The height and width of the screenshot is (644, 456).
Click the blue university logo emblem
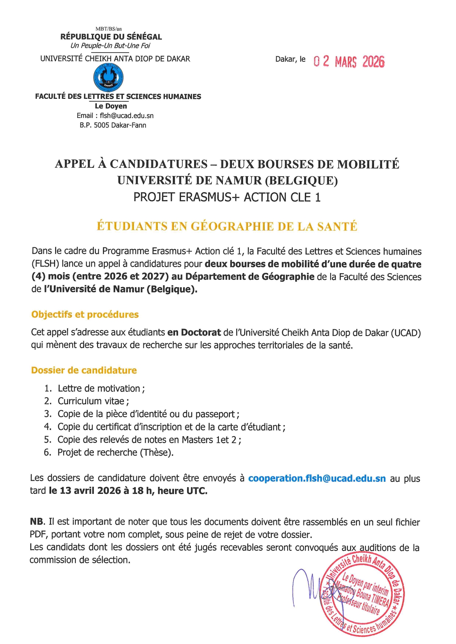[x=108, y=77]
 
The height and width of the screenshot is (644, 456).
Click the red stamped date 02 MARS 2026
[x=349, y=61]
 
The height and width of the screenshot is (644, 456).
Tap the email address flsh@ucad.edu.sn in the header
[x=127, y=116]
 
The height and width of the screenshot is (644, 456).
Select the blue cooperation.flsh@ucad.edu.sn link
[x=317, y=478]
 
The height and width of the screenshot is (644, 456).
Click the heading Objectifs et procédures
[x=85, y=315]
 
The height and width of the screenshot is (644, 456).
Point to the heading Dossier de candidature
[x=84, y=370]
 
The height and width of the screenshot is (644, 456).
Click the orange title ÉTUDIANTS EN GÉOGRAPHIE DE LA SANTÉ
[x=227, y=226]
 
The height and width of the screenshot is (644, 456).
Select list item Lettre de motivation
[x=99, y=388]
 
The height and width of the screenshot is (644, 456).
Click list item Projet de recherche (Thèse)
[x=115, y=452]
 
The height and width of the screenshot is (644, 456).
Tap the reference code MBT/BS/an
[x=108, y=29]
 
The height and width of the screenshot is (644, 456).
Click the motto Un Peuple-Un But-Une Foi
[x=110, y=46]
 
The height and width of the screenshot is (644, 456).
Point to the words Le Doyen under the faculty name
[x=111, y=106]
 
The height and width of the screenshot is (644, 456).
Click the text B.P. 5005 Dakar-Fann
[x=113, y=125]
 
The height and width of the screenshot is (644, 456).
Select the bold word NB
[x=37, y=522]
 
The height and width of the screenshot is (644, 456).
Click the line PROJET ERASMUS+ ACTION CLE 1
[x=227, y=198]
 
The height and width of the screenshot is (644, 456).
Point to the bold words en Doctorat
[x=194, y=333]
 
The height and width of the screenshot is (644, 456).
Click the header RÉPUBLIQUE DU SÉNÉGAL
[x=111, y=37]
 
